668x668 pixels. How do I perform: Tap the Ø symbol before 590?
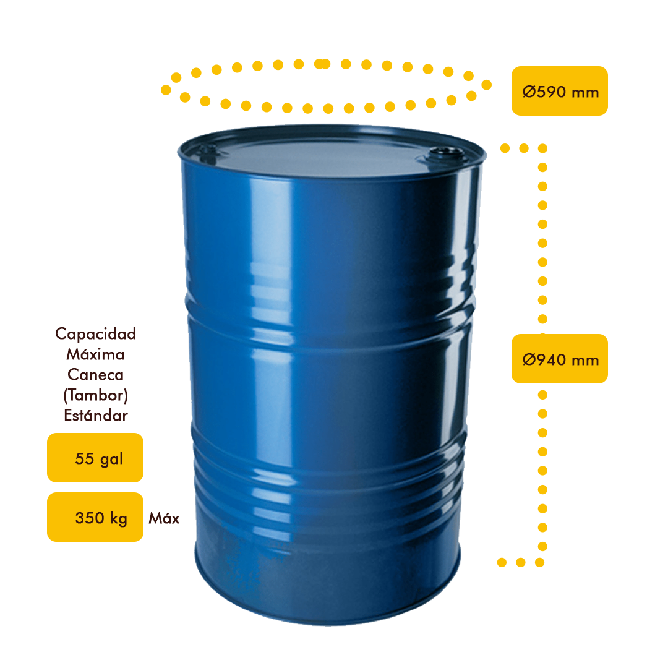click(x=528, y=93)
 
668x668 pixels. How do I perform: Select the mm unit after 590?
click(x=585, y=93)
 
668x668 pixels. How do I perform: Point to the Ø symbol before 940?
click(x=528, y=360)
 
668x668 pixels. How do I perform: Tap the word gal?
click(x=111, y=460)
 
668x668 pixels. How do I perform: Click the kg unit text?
click(x=119, y=519)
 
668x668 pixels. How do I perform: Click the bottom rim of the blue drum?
click(x=328, y=619)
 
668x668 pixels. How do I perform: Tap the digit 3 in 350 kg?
click(x=80, y=518)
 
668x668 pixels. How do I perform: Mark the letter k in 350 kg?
click(x=114, y=518)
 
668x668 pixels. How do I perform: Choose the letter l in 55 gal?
click(x=121, y=459)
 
